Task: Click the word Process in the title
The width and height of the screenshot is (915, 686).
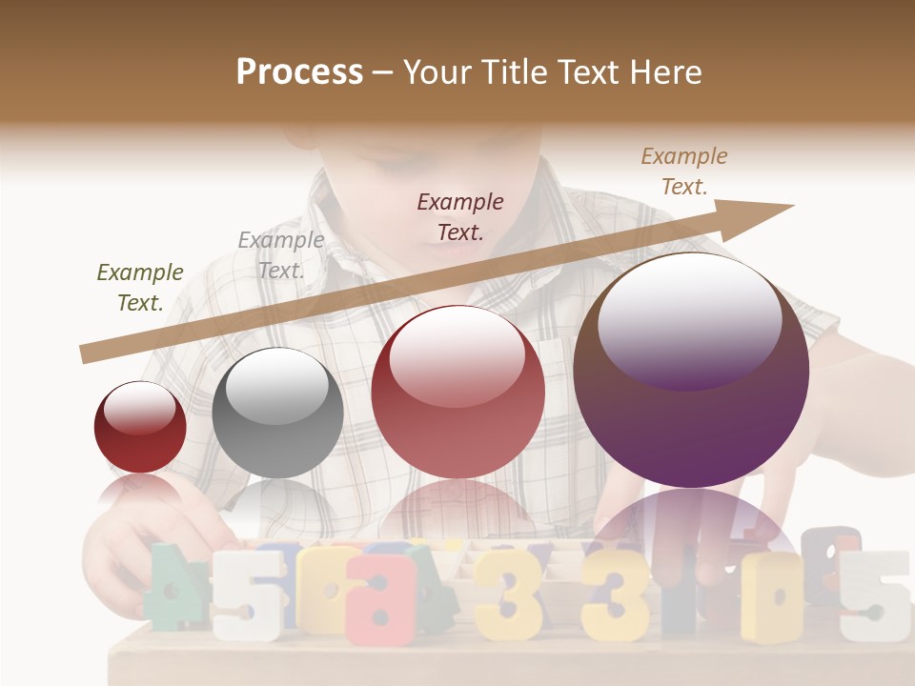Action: [299, 71]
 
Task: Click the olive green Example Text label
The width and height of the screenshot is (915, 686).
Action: [140, 288]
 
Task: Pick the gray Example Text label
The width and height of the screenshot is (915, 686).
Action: [280, 255]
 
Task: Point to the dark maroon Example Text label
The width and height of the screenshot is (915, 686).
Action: [460, 216]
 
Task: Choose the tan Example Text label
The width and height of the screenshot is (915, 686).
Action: [683, 171]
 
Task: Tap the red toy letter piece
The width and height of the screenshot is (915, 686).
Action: [381, 597]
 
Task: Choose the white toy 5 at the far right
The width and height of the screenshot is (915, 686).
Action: [872, 595]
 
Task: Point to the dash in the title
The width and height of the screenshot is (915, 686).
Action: [383, 72]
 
